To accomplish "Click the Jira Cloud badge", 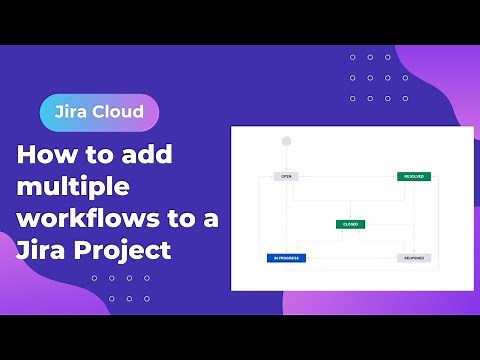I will (99, 112).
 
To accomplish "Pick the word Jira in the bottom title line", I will (39, 249).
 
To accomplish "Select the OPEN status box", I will (286, 176).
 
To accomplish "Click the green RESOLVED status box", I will (413, 176).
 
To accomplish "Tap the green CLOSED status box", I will (350, 224).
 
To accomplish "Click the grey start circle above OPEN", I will (286, 141).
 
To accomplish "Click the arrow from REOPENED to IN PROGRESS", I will (350, 258).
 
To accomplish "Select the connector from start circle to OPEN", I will (286, 159).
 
